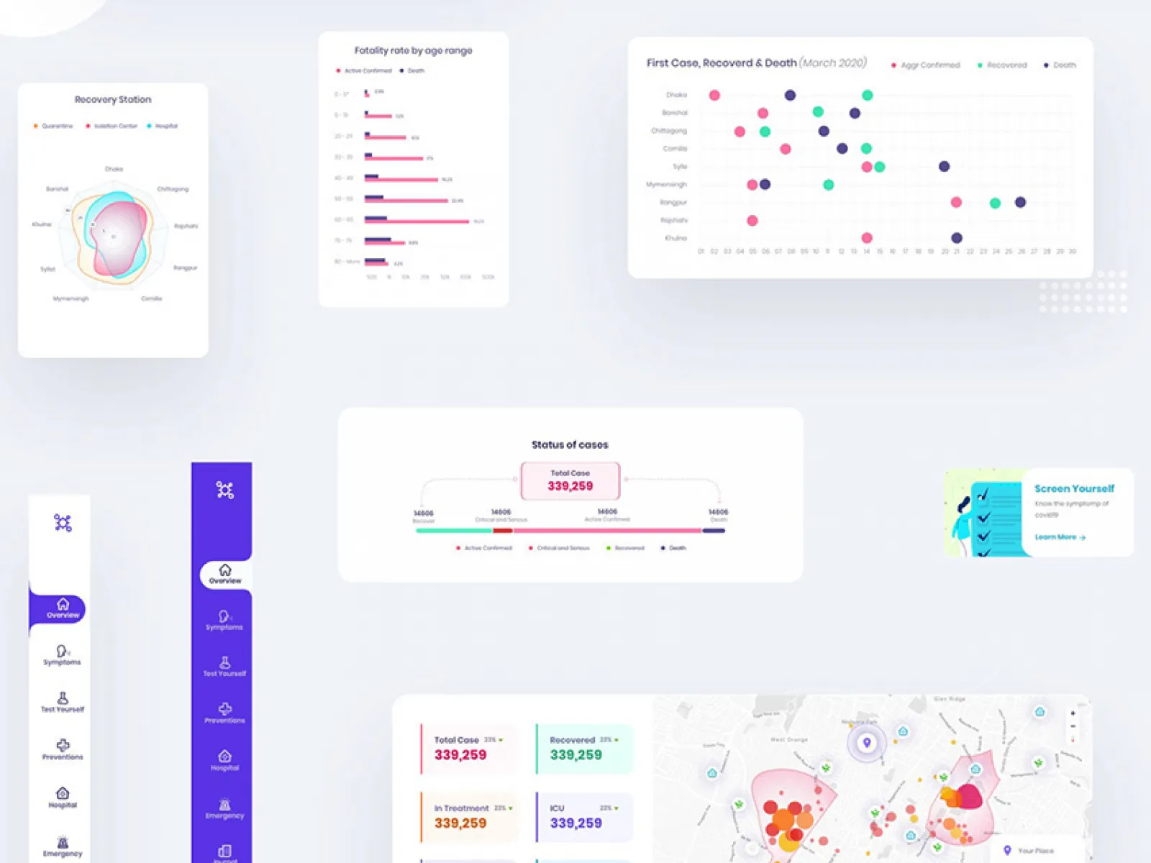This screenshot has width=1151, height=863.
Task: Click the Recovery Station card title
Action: pos(113,100)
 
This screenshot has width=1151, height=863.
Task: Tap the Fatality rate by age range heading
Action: pos(413,50)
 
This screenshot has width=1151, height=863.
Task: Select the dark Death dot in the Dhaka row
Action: pos(790,95)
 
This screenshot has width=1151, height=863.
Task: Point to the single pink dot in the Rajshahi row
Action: pos(752,220)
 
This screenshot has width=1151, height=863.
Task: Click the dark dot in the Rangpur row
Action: pos(1020,202)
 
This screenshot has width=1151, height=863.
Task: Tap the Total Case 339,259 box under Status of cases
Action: pos(570,480)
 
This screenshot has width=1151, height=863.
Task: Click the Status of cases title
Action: pos(570,444)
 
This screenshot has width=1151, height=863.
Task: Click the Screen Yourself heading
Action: pos(1074,488)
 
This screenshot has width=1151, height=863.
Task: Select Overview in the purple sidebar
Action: pos(225,574)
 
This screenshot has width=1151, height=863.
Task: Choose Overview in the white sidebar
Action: pos(63,608)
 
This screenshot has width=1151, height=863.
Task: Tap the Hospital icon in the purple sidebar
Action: pos(225,757)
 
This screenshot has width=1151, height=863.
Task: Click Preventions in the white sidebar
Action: pos(63,749)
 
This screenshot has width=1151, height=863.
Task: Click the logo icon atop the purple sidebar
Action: pos(225,490)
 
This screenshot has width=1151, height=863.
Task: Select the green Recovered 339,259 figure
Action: pos(575,755)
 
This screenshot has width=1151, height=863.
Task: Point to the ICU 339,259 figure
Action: pos(575,823)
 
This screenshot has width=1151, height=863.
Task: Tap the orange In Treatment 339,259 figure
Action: pos(460,823)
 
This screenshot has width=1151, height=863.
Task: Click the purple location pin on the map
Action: pos(867,743)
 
